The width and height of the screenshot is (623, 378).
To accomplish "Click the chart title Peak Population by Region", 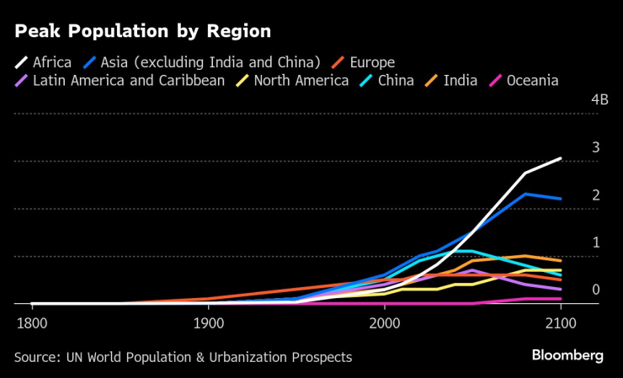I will click(141, 32).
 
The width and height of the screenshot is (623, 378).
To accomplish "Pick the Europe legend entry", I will click(365, 61).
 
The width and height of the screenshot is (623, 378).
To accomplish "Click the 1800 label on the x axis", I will click(32, 322).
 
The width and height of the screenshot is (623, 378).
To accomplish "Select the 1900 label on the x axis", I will click(208, 322).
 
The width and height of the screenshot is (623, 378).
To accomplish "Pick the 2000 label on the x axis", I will click(385, 322).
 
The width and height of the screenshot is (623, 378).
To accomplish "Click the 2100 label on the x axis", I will click(561, 322).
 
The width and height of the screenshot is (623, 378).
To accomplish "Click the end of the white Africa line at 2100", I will click(561, 158).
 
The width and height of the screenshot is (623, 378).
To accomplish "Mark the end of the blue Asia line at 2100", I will click(561, 199).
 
